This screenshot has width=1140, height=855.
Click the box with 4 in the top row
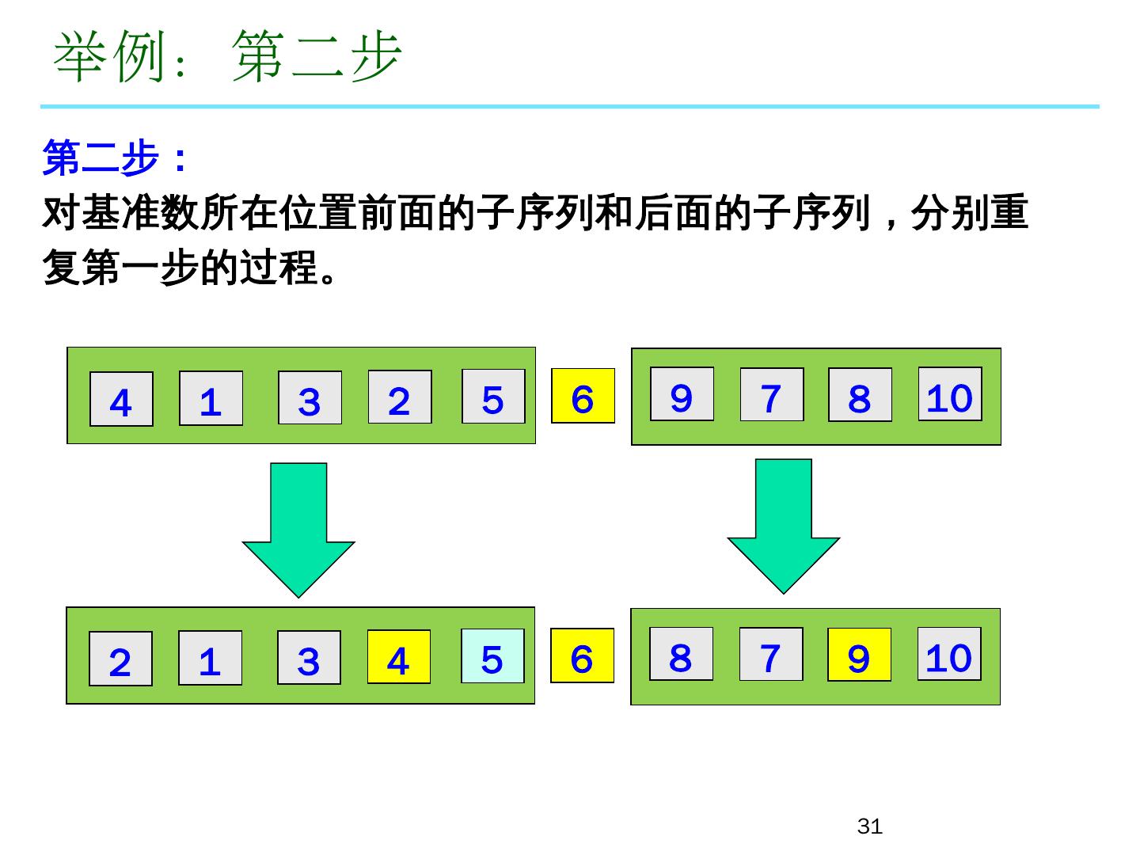click(x=121, y=399)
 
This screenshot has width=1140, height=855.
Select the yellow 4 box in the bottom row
click(x=398, y=657)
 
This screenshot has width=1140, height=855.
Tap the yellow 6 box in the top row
click(x=583, y=396)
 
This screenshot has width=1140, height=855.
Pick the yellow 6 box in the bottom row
click(x=582, y=655)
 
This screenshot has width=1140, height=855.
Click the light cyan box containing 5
click(x=492, y=655)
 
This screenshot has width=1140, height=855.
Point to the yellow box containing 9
click(x=859, y=655)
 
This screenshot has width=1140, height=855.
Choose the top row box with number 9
click(x=682, y=393)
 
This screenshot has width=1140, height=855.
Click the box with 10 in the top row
click(x=950, y=393)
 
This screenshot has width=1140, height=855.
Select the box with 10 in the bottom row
click(x=949, y=654)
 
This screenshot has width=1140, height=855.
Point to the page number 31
click(x=869, y=826)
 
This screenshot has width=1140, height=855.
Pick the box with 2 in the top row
click(x=400, y=397)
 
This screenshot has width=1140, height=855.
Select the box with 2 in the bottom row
click(x=120, y=659)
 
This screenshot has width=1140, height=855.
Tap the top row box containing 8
click(x=860, y=394)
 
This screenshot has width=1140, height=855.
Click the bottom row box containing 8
click(x=681, y=654)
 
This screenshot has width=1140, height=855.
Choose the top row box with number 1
click(x=211, y=398)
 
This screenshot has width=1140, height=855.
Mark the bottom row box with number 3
click(x=309, y=658)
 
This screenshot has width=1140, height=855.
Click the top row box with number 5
click(x=493, y=396)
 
